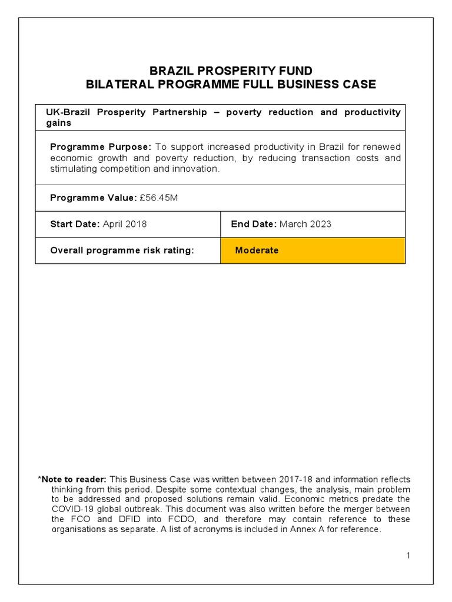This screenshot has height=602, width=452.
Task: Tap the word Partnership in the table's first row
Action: coord(178,112)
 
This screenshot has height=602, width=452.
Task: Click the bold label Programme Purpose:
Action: coord(101,146)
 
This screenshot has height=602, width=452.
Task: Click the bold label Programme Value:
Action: coord(93,198)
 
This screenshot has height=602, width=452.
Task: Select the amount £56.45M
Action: coord(159,198)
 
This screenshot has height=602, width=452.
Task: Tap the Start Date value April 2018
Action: coord(125,224)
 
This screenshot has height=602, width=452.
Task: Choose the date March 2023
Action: coord(305,224)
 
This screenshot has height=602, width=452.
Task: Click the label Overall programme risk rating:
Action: coord(122,250)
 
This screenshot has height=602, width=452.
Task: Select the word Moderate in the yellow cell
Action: coord(257,250)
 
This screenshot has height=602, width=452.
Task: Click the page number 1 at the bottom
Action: coord(408,556)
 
